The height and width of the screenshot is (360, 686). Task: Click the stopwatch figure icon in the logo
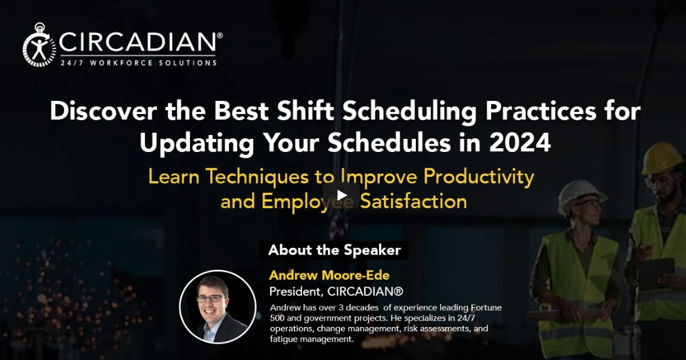tap(39, 45)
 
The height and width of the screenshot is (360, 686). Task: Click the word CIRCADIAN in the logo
tap(138, 42)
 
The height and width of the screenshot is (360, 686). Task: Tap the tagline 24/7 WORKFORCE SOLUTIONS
tap(138, 62)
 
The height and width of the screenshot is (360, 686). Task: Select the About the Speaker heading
tap(334, 250)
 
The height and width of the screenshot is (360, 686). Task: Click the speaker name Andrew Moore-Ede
tap(329, 275)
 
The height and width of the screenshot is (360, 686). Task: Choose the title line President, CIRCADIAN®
tap(336, 291)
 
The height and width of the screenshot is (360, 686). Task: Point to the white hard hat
tap(581, 196)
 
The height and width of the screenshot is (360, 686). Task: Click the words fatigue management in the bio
tap(312, 339)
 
